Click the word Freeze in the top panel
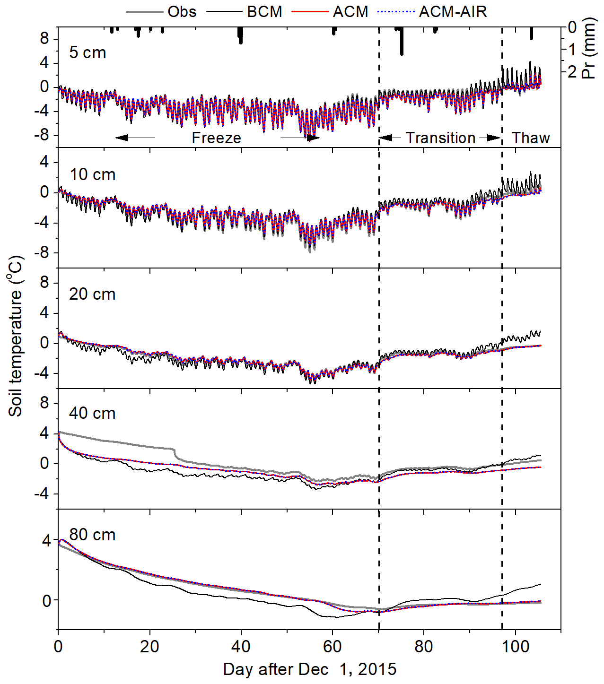click(216, 138)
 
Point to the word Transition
click(440, 138)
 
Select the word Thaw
click(531, 138)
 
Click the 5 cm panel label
click(88, 52)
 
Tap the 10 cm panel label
click(92, 174)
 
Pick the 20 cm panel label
click(92, 294)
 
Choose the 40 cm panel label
click(92, 413)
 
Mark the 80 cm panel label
click(92, 535)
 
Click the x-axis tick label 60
click(332, 646)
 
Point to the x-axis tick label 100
click(515, 646)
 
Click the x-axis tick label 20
click(149, 646)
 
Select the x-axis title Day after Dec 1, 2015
click(310, 669)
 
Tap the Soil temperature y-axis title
click(16, 336)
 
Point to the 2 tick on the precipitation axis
click(572, 71)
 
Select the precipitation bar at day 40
click(240, 35)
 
